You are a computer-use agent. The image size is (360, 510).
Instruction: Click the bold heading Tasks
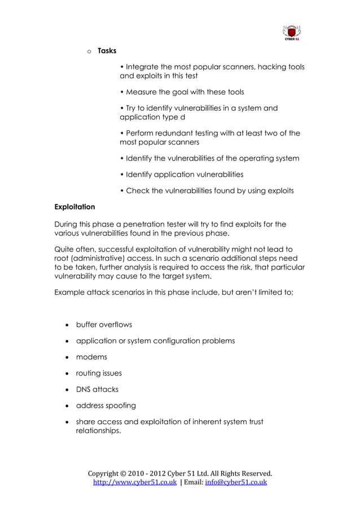coord(107,51)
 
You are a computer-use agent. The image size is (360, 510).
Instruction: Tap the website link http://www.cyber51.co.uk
coord(134,483)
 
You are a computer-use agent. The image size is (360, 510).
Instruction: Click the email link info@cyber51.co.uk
coord(235,483)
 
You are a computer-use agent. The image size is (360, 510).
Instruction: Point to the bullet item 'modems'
coord(91,357)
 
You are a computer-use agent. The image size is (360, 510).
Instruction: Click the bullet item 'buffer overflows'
coord(104,325)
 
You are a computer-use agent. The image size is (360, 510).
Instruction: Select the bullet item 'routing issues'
coord(99,373)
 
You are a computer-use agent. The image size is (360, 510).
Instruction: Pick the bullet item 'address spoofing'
coord(106,406)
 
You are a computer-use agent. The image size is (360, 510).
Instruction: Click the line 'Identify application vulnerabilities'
coord(182,175)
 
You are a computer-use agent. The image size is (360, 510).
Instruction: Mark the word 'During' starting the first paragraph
coord(67,224)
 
